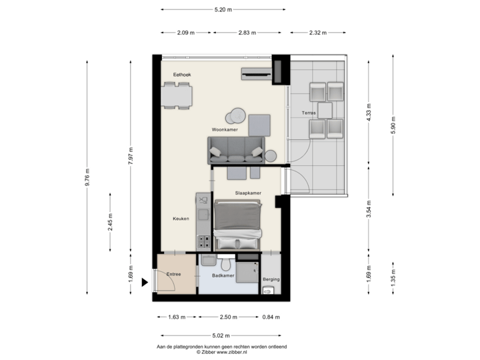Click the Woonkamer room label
click(225, 129)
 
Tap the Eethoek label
click(182, 75)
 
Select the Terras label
click(309, 113)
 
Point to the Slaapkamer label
click(247, 193)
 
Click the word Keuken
click(181, 218)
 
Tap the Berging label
click(271, 280)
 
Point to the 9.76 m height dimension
click(87, 177)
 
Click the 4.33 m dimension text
click(369, 109)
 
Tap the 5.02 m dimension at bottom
click(221, 335)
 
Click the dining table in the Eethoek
click(177, 97)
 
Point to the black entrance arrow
click(145, 281)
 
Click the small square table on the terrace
click(325, 109)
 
